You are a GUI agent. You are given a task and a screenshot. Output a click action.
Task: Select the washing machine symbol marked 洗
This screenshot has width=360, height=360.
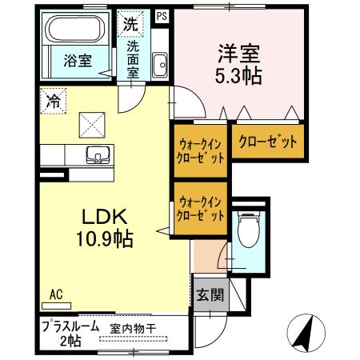130,23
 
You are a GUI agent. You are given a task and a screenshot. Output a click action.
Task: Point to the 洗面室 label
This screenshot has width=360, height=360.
133,58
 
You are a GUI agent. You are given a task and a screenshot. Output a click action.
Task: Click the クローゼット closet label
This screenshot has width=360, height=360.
267,142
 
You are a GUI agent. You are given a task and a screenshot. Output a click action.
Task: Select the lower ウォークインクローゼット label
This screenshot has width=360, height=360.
201,210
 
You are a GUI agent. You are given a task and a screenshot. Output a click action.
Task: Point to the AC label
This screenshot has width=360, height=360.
56,294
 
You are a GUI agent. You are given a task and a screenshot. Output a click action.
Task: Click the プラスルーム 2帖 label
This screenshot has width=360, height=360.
70,333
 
